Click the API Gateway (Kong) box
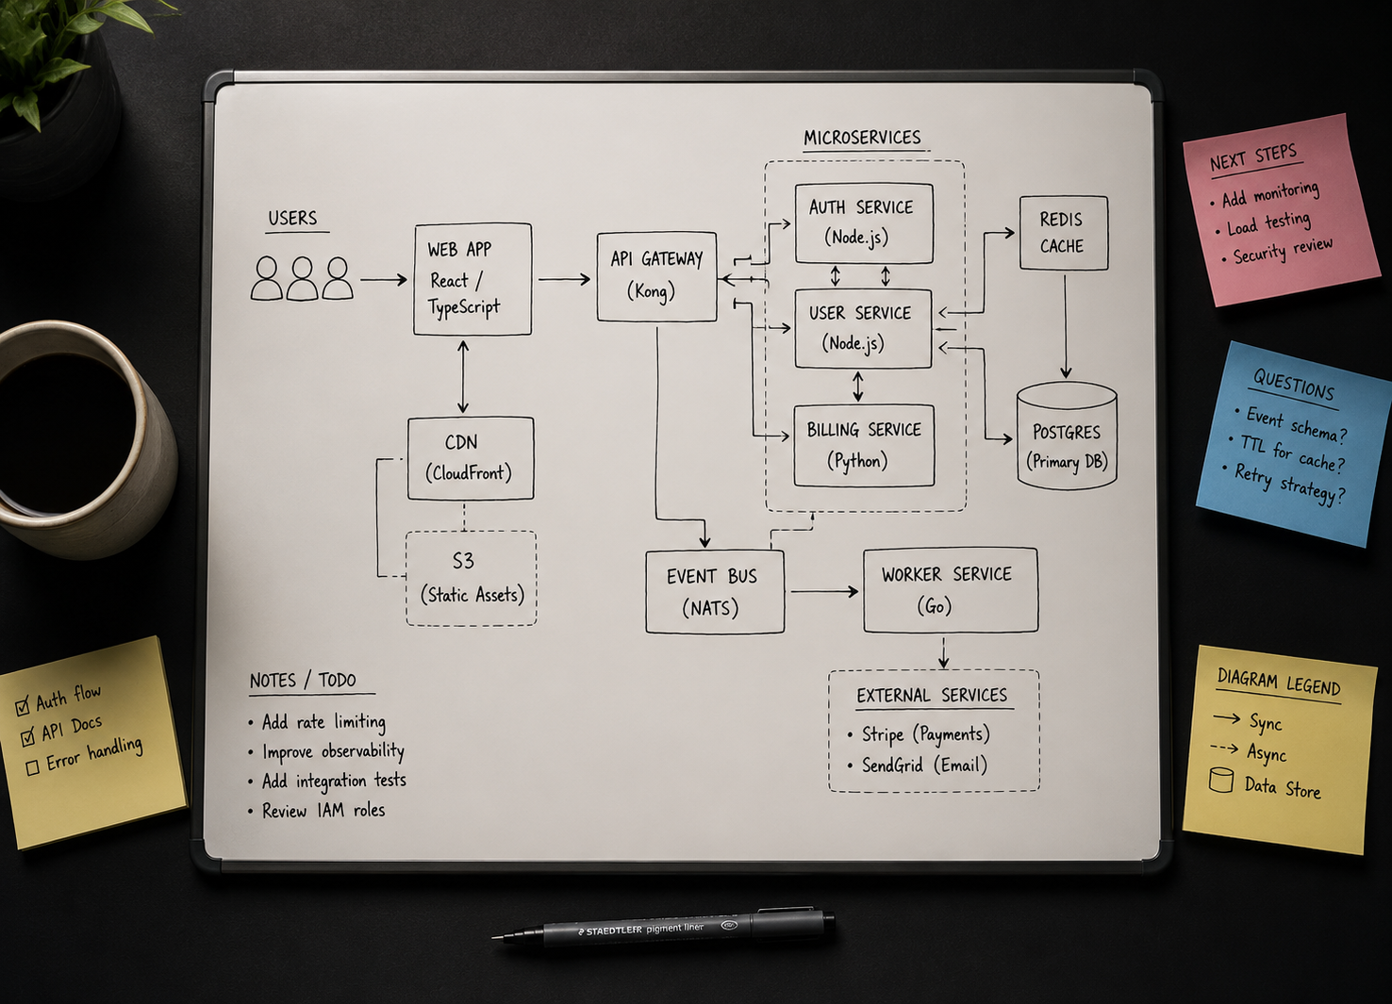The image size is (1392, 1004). click(656, 277)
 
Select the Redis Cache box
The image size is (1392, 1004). click(1064, 233)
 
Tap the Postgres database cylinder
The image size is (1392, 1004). click(1067, 436)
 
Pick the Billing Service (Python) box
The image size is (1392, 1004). click(865, 446)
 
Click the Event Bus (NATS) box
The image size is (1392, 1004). click(715, 592)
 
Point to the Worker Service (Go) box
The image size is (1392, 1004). click(951, 590)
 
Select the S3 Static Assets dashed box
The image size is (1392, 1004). click(471, 579)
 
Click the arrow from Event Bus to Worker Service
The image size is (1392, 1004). click(824, 592)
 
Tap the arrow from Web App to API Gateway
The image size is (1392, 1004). click(564, 280)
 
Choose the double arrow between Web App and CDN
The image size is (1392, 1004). click(463, 376)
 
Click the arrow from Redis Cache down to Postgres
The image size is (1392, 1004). click(1065, 327)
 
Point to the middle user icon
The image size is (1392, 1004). click(302, 278)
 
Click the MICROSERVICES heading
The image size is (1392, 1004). click(862, 138)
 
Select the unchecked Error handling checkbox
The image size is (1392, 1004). click(32, 767)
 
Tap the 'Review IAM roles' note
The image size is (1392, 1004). click(323, 810)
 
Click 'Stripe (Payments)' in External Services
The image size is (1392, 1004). click(925, 734)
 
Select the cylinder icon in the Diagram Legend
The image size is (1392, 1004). click(1221, 781)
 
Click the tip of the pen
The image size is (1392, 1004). click(492, 937)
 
